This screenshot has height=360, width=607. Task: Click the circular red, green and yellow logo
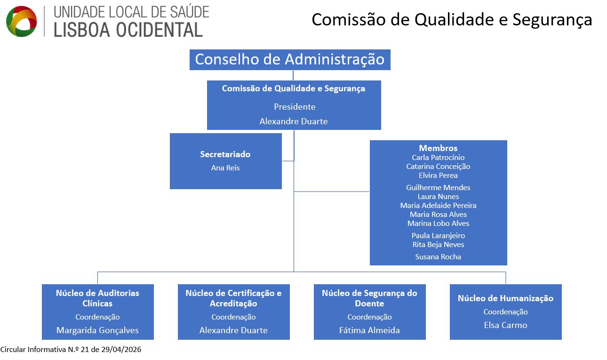(x=21, y=21)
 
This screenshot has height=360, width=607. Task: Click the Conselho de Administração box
(x=290, y=60)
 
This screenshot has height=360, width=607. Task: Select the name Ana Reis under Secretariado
(x=225, y=168)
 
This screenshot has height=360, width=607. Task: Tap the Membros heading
(x=438, y=148)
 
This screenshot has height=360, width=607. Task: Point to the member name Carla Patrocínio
(x=438, y=158)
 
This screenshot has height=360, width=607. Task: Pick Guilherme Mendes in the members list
(x=438, y=188)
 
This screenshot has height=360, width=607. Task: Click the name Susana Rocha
(x=438, y=257)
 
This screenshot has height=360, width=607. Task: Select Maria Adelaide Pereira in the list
(x=438, y=206)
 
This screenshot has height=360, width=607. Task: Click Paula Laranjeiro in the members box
(x=438, y=236)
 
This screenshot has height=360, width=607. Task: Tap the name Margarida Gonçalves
(x=97, y=330)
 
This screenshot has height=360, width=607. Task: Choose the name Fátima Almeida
(x=369, y=330)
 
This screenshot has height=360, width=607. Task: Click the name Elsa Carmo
(x=505, y=325)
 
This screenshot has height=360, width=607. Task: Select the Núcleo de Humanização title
(x=505, y=298)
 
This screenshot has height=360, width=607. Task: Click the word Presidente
(x=295, y=107)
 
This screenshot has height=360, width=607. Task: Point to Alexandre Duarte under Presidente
(x=294, y=121)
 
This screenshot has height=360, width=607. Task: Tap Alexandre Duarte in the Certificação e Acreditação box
(x=233, y=330)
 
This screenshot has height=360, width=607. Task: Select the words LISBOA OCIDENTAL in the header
(x=128, y=30)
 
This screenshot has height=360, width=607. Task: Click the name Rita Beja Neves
(x=438, y=245)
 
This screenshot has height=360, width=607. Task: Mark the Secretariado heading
(x=225, y=154)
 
